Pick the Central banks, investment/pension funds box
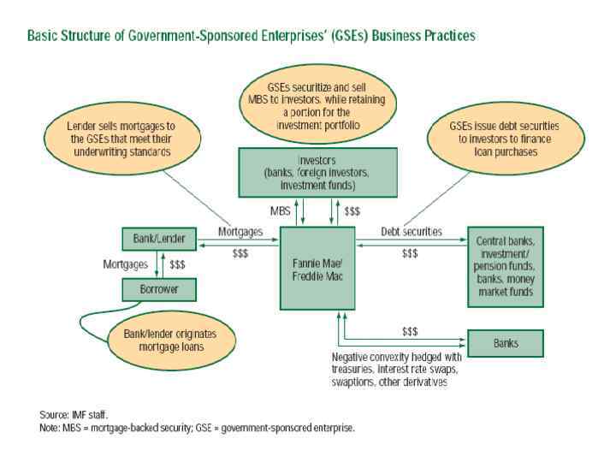505,266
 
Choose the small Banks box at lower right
505,343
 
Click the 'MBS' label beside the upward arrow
280,210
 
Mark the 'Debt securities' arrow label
411,232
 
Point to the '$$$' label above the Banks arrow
410,330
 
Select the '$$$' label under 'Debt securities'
410,253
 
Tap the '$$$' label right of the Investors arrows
352,210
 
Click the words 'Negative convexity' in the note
367,356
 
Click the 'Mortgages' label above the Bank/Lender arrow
240,232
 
